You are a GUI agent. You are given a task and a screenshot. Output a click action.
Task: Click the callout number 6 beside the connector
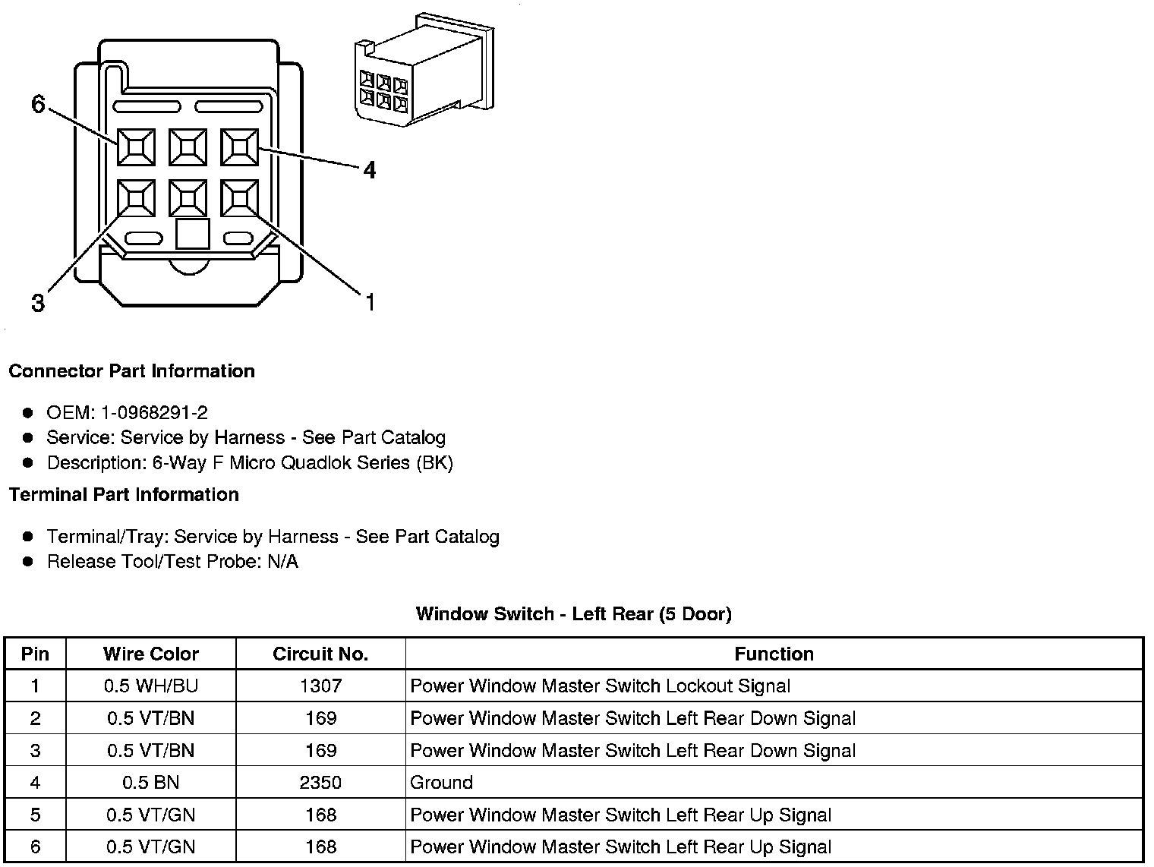click(x=38, y=104)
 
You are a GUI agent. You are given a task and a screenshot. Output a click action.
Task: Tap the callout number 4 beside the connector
click(x=369, y=170)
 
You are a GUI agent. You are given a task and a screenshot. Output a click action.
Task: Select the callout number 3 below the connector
click(x=38, y=304)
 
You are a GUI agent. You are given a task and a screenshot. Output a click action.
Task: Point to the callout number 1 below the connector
click(x=370, y=303)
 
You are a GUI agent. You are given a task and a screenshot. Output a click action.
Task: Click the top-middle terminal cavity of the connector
click(x=188, y=147)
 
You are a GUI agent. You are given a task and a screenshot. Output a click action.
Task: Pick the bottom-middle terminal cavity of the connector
click(x=188, y=199)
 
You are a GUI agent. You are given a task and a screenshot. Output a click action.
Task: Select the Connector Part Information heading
click(x=131, y=371)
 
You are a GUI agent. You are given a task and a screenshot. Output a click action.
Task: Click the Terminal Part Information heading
click(x=124, y=495)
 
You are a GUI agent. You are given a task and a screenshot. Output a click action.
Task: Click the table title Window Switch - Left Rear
click(x=573, y=614)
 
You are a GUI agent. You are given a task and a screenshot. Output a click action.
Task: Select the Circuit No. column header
click(x=320, y=654)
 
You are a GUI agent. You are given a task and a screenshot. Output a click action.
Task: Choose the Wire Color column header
click(x=151, y=654)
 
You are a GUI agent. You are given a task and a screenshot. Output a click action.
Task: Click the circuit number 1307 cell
click(x=320, y=686)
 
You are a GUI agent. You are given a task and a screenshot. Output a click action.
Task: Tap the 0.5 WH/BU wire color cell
click(x=151, y=686)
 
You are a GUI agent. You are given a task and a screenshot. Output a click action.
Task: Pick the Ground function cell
click(x=441, y=783)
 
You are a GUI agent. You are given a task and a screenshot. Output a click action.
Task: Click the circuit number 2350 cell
click(x=320, y=783)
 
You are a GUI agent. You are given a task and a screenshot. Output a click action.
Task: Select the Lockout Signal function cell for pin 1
click(x=600, y=686)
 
